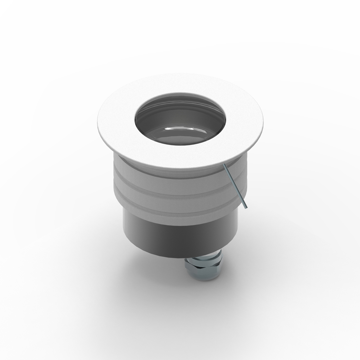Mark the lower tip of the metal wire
(x=247, y=208)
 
